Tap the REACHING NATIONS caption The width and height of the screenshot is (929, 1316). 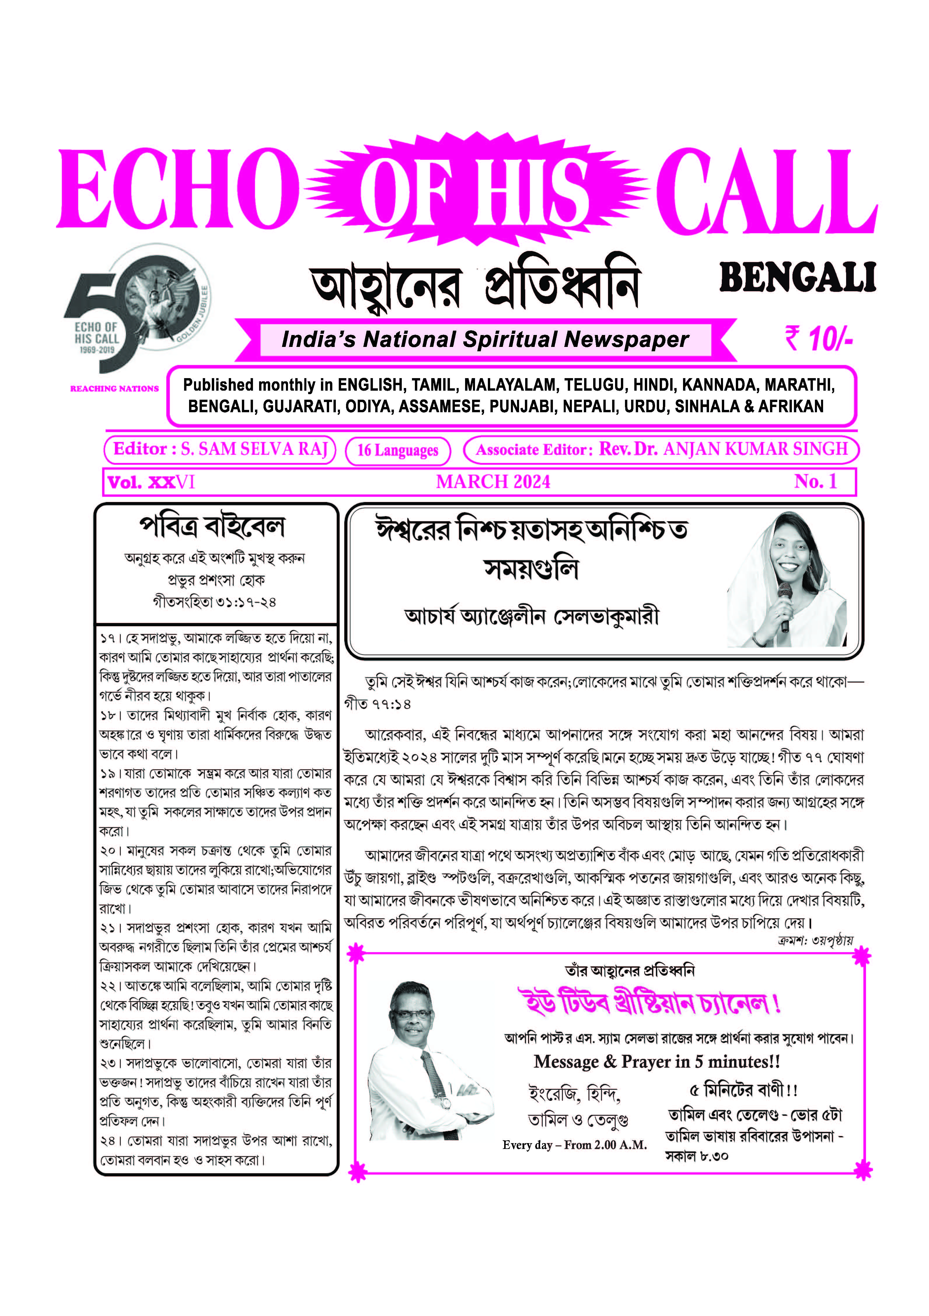(x=114, y=389)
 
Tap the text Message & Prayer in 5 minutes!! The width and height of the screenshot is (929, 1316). (x=656, y=1062)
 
